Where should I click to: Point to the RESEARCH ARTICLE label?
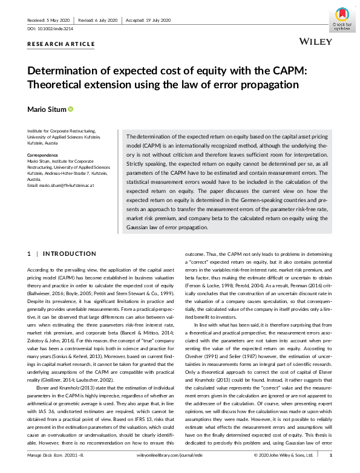[61, 44]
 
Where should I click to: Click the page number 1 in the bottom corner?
[330, 470]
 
